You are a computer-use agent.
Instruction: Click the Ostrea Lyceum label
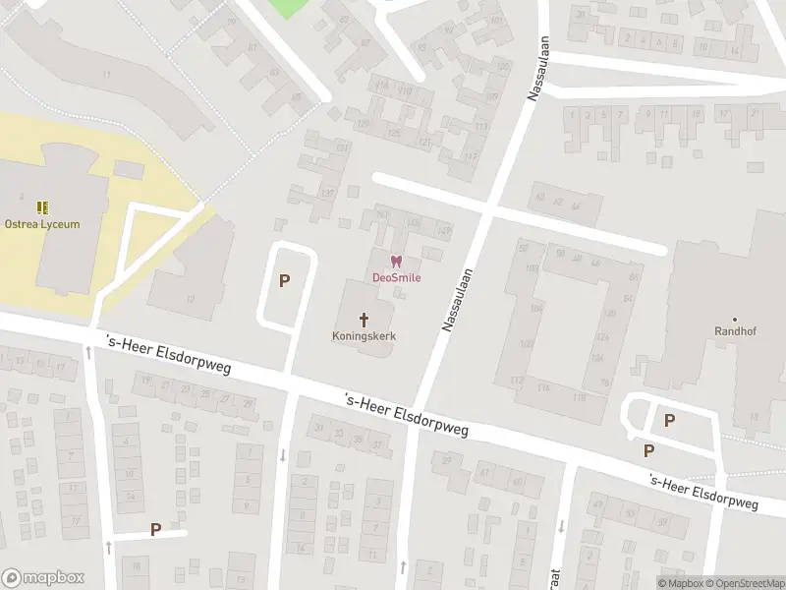coord(42,223)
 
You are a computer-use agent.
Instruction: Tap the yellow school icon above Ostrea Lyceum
coord(42,207)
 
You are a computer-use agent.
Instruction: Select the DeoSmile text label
coord(396,277)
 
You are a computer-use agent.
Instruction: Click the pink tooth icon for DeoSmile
coord(396,262)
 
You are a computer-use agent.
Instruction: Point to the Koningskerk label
coord(365,334)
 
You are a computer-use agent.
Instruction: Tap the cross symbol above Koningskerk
coord(365,319)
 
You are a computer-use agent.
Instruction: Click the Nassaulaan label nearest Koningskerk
coord(456,300)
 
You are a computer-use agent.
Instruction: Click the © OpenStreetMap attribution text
coord(745,583)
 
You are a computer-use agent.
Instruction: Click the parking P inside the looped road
coord(285,281)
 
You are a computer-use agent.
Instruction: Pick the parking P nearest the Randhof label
coord(669,420)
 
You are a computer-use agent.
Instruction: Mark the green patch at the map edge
coord(288,8)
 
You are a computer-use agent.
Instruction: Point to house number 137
coord(327,192)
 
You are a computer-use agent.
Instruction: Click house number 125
coord(394,133)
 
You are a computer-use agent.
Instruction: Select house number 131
coord(343,147)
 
